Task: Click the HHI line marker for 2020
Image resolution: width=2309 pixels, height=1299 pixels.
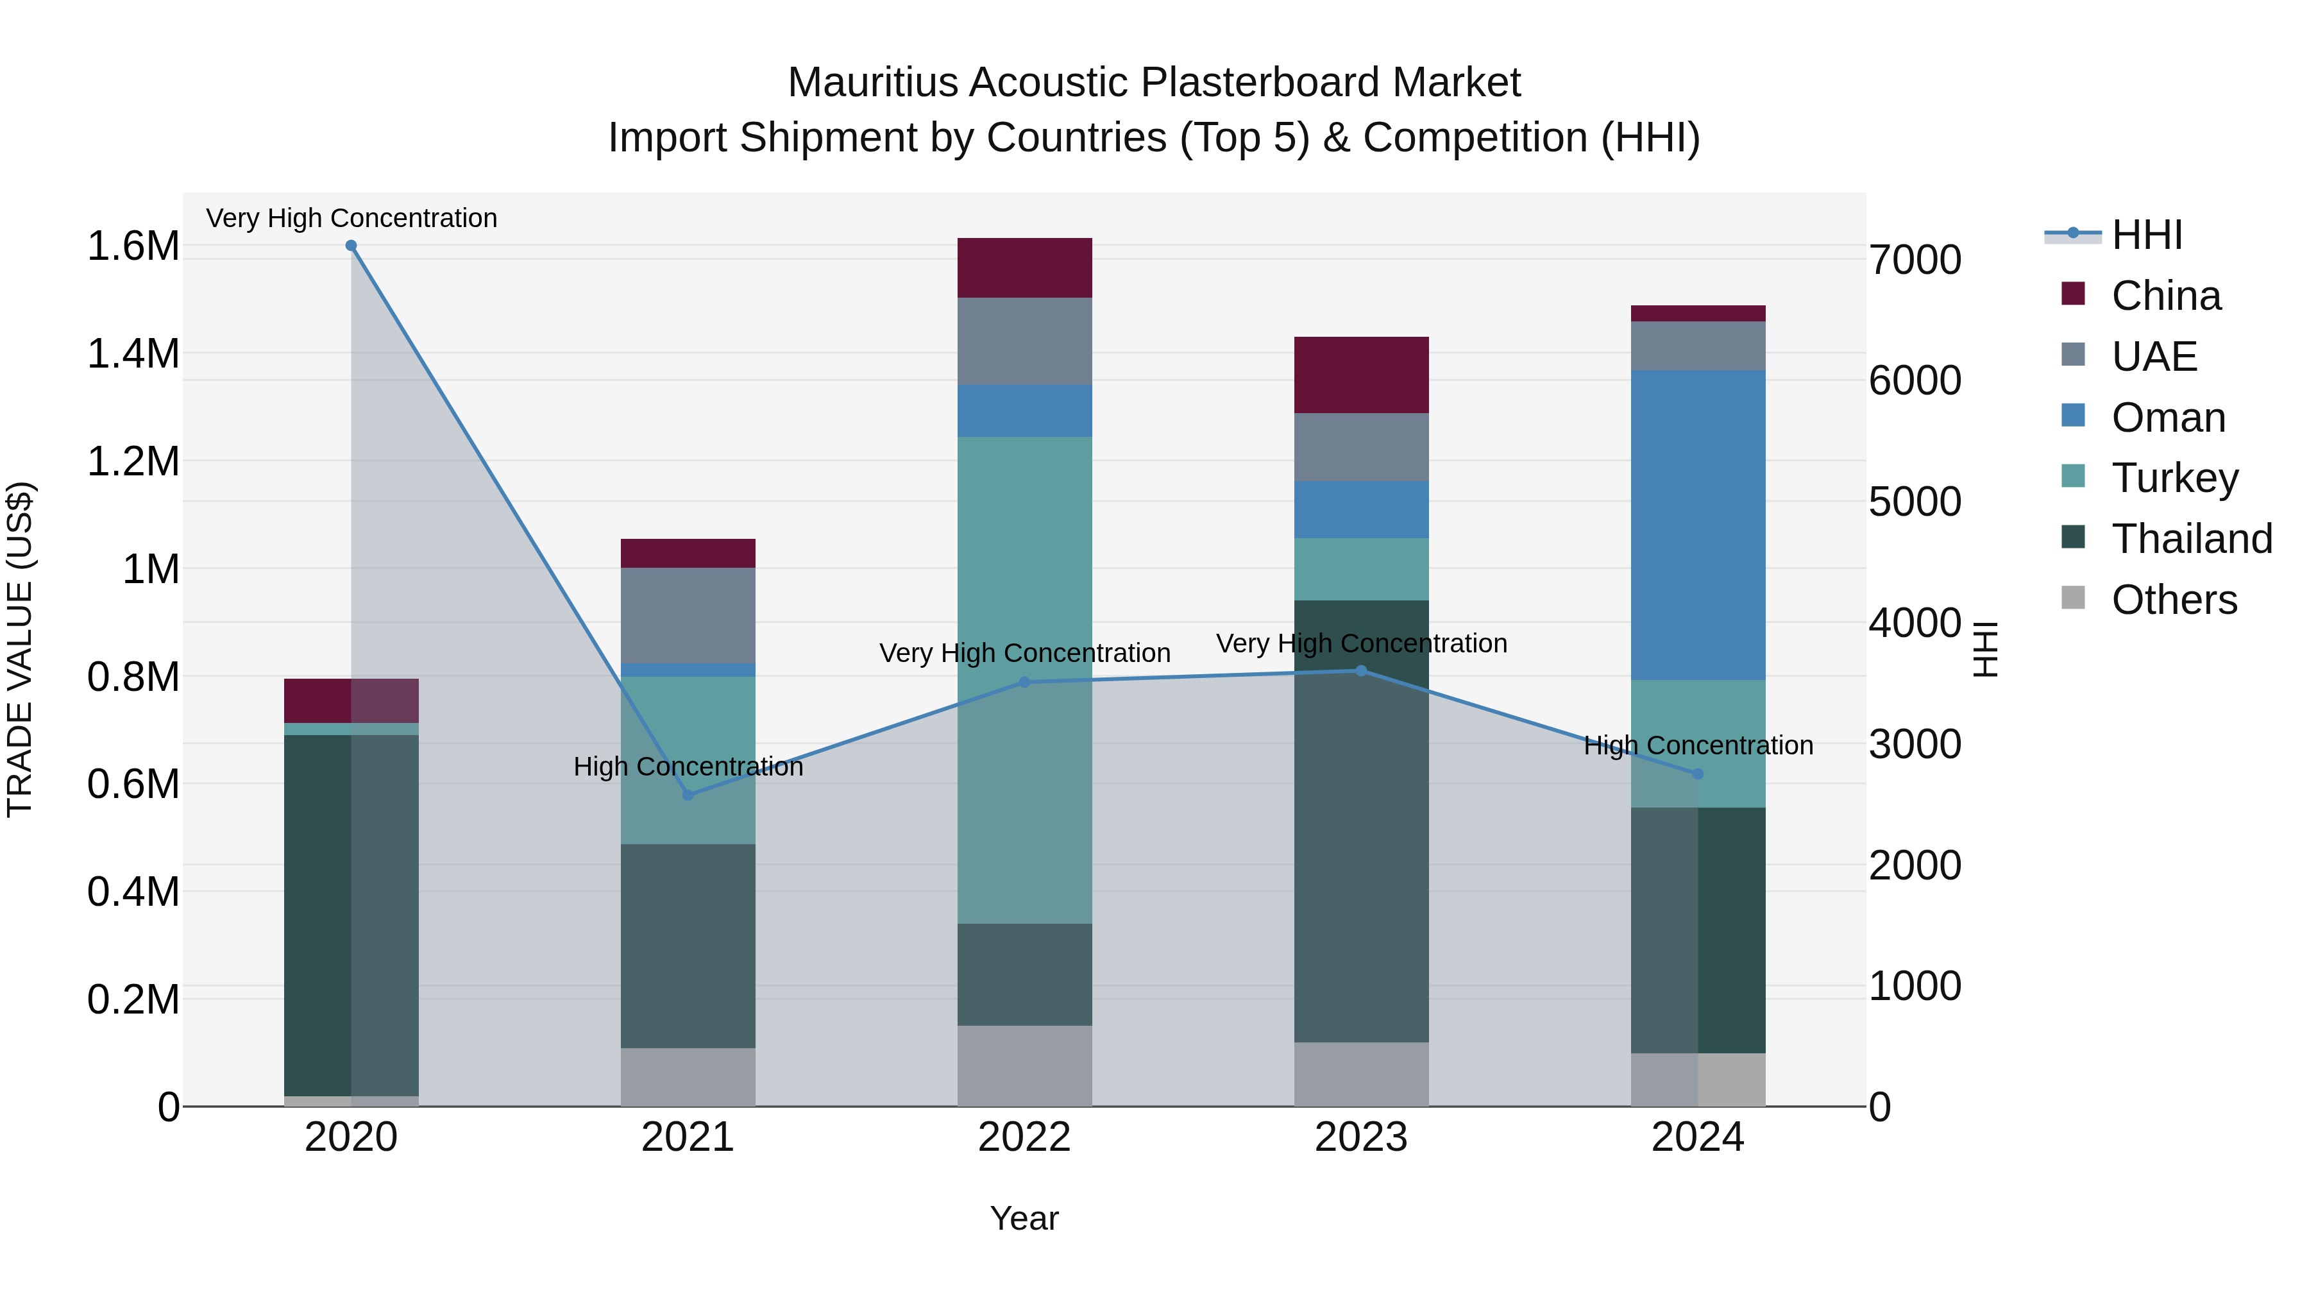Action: click(351, 246)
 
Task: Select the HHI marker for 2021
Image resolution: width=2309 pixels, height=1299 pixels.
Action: click(688, 795)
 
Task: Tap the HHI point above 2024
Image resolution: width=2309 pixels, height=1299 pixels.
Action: click(1698, 774)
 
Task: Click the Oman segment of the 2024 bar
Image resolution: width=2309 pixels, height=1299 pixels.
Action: click(1698, 525)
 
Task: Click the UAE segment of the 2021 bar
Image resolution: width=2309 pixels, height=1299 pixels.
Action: click(688, 615)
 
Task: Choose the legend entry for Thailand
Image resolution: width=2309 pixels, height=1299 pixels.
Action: click(2192, 539)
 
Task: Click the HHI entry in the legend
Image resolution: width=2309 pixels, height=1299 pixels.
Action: click(2146, 235)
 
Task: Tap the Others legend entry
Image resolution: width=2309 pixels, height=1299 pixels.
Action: click(2174, 600)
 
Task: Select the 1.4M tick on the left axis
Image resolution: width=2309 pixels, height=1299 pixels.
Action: click(133, 354)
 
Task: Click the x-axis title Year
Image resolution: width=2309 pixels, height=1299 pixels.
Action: click(1024, 1218)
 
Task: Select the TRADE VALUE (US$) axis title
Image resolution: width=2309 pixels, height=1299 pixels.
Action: click(20, 649)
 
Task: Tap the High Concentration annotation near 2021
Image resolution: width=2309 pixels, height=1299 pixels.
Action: click(688, 767)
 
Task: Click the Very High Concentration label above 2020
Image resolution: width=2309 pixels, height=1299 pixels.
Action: click(351, 218)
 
